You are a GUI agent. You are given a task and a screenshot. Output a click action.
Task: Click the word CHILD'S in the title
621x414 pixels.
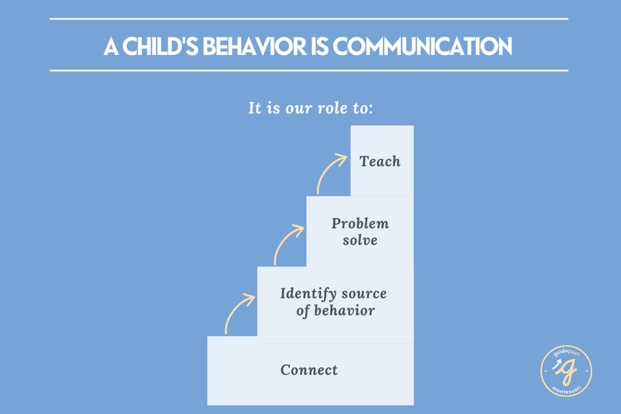tap(160, 46)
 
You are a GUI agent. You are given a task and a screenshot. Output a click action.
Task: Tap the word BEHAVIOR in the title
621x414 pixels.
tap(255, 46)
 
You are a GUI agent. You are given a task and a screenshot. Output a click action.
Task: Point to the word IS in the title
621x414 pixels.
tap(320, 46)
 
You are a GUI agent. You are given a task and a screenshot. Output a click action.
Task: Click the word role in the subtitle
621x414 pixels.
tap(332, 108)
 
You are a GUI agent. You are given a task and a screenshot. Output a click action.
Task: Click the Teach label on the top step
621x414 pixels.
tap(380, 161)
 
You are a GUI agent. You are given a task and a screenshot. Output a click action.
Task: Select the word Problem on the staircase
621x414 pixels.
tap(360, 223)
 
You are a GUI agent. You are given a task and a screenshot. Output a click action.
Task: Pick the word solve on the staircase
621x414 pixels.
tap(360, 240)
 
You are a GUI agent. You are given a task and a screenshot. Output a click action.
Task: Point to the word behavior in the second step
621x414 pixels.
tap(344, 310)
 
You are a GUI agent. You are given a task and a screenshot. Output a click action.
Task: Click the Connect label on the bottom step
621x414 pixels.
tap(309, 370)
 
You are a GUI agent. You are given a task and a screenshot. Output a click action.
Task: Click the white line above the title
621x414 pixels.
tap(309, 19)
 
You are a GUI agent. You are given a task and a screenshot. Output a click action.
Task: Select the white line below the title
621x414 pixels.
tap(309, 70)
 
